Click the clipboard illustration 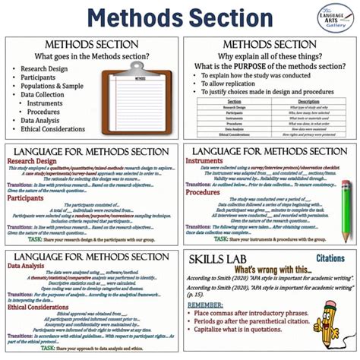click(140, 98)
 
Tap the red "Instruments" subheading click(206, 161)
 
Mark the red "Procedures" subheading click(204, 192)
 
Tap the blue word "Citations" click(330, 259)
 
